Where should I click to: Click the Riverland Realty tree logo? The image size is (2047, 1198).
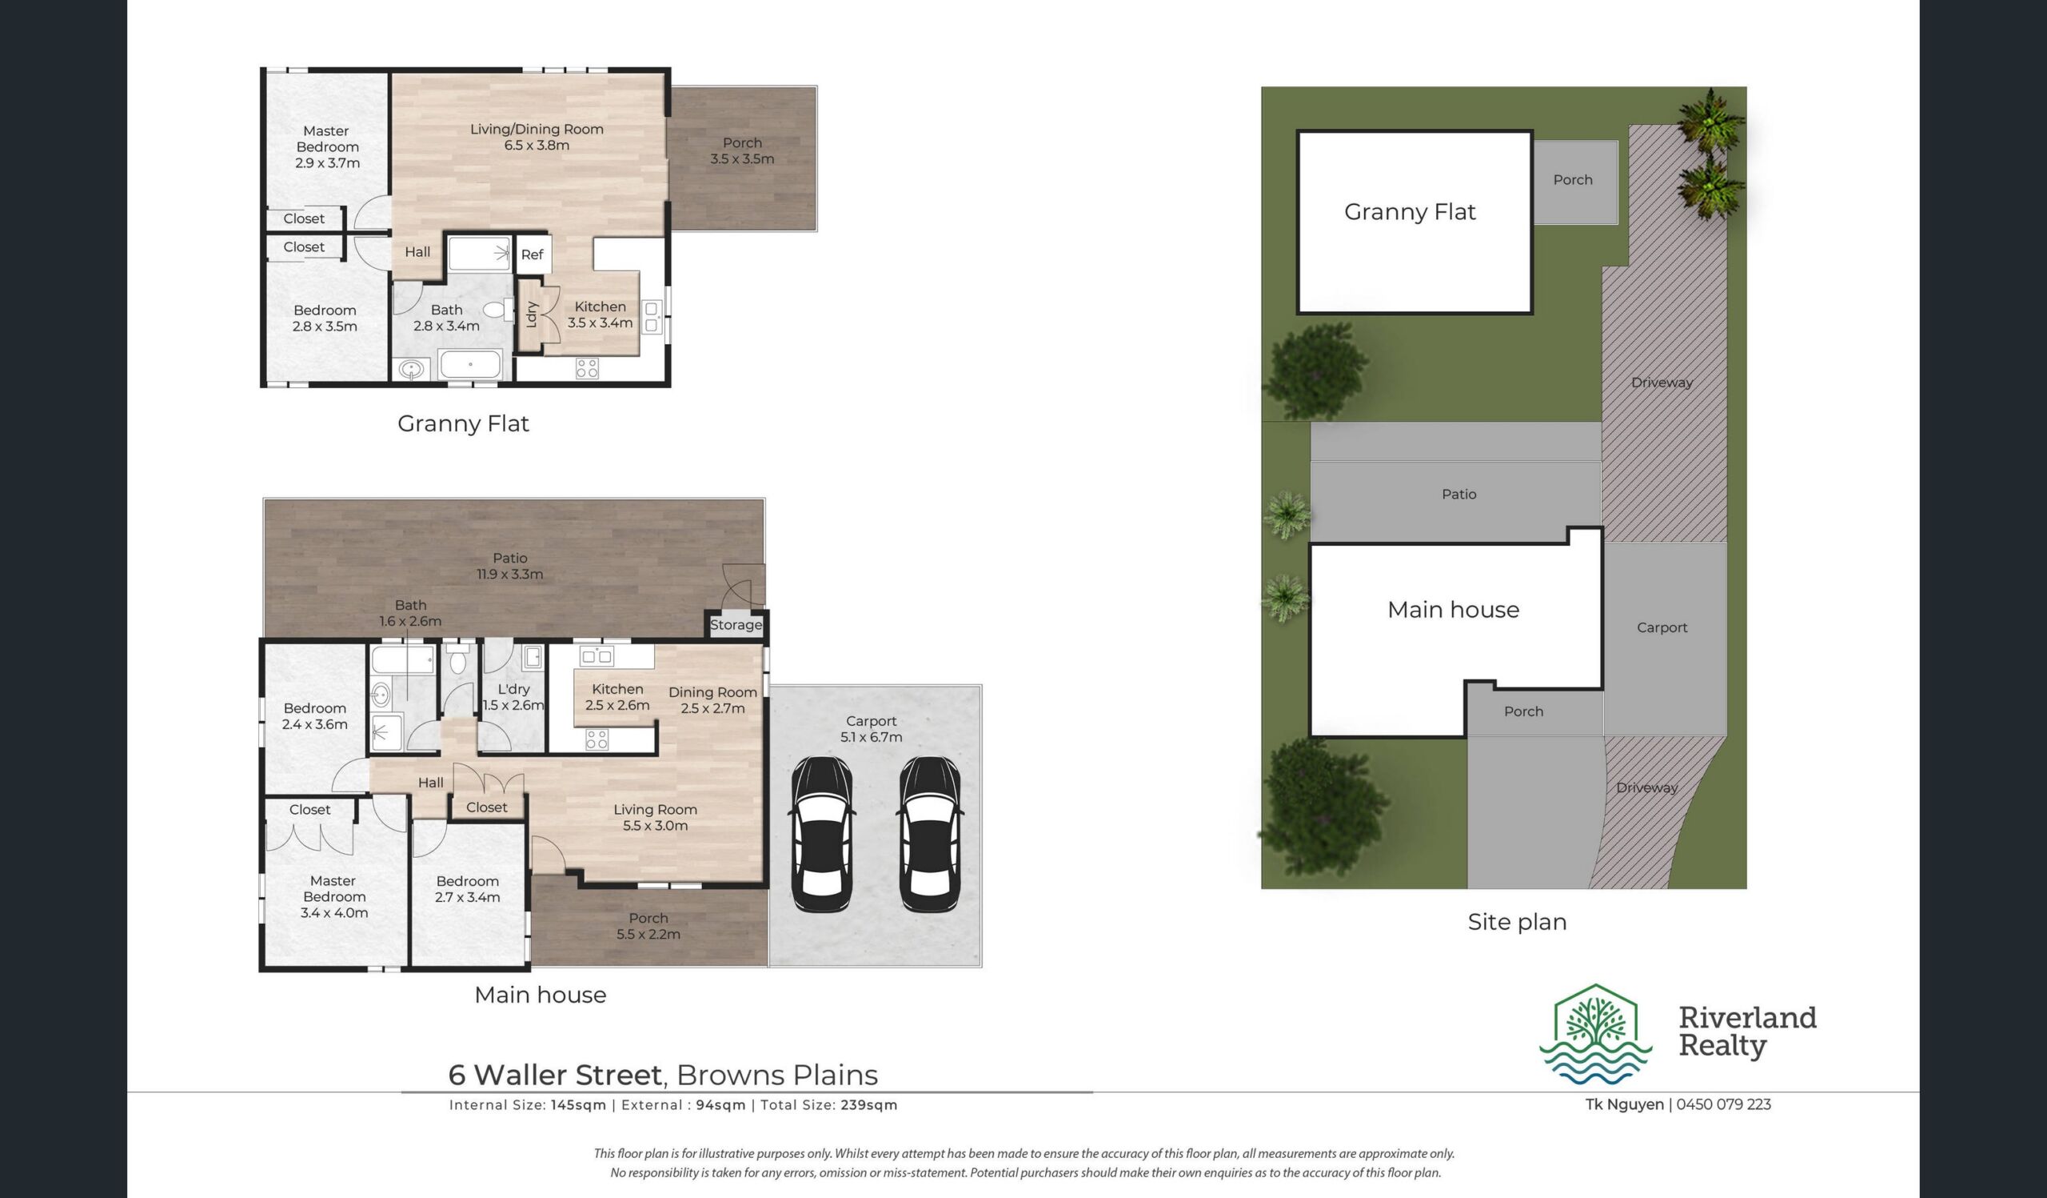[x=1595, y=1035]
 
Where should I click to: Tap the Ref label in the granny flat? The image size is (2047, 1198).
[x=532, y=254]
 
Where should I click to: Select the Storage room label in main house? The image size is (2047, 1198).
[x=736, y=624]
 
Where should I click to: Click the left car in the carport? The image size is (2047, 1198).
[x=822, y=834]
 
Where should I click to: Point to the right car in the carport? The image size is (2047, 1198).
[x=930, y=834]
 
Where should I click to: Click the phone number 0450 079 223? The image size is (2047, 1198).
[x=1724, y=1104]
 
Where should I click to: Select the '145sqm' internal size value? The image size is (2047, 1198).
[x=578, y=1104]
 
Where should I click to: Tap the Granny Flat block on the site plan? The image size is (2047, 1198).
[x=1415, y=222]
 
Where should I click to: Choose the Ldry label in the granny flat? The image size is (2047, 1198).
[x=532, y=314]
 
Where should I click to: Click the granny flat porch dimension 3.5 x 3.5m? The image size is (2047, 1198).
[x=741, y=158]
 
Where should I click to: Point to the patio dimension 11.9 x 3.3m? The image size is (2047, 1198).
[x=510, y=574]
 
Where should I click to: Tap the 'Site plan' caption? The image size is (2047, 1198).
[x=1518, y=922]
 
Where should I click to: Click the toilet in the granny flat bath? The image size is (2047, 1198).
[x=497, y=310]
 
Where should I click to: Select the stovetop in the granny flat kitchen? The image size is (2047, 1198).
[x=586, y=368]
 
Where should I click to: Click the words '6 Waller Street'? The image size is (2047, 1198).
[x=556, y=1075]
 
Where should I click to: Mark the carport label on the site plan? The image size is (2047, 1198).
[x=1662, y=627]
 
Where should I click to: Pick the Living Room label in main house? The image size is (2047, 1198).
[x=655, y=810]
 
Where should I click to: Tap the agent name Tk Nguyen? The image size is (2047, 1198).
[x=1625, y=1104]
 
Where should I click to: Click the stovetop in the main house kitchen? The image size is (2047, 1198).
[x=597, y=739]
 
